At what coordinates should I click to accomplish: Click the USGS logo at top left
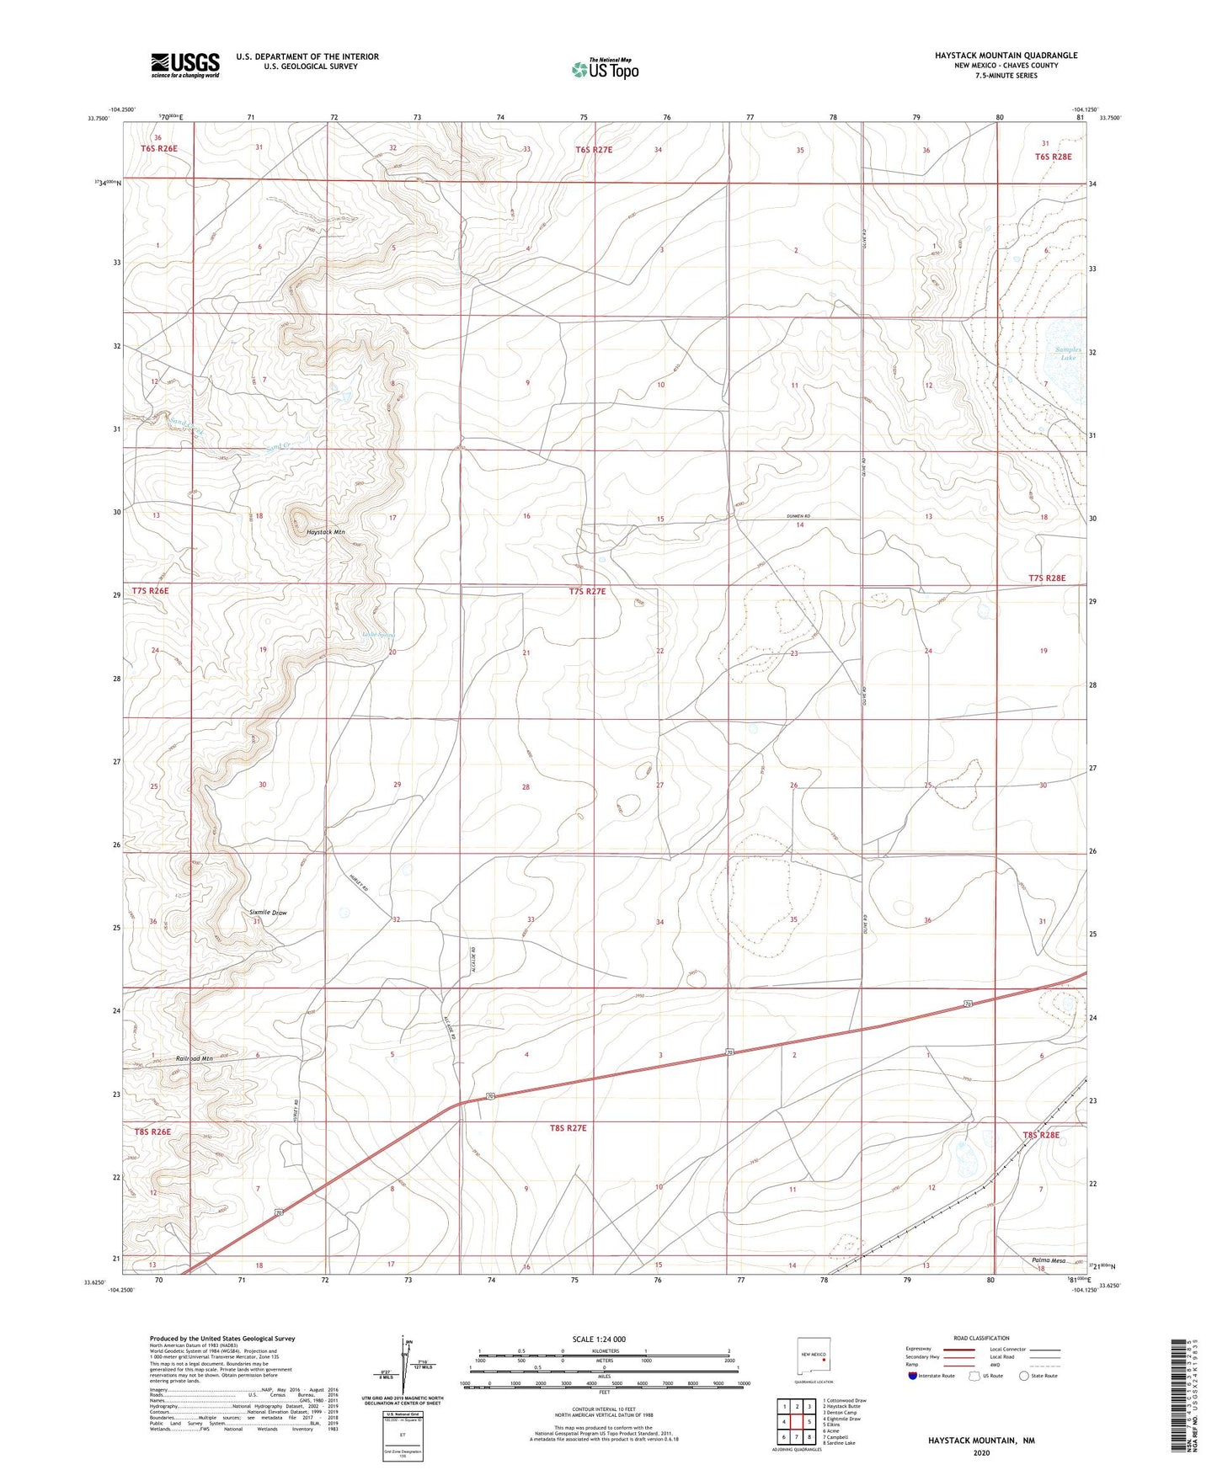tap(185, 64)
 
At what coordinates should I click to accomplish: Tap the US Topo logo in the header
tap(604, 69)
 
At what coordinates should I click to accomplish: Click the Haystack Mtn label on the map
tap(325, 532)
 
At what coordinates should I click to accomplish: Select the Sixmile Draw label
tap(268, 912)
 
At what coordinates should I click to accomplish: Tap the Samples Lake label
tap(1067, 354)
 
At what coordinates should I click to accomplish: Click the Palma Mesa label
tap(1048, 1260)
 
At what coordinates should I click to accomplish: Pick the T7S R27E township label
tap(587, 592)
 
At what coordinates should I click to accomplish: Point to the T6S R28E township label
tap(1053, 157)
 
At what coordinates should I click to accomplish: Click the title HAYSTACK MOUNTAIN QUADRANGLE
tap(1006, 56)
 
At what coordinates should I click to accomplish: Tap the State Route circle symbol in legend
tap(1023, 1376)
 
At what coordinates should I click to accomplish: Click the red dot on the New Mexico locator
tap(823, 1356)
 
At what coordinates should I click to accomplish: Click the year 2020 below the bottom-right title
tap(981, 1452)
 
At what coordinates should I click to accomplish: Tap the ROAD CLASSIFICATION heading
tap(981, 1338)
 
